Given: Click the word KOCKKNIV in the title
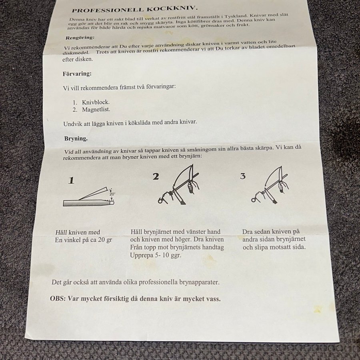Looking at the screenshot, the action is click(x=172, y=9).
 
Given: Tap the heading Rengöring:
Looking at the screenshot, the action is click(x=80, y=38).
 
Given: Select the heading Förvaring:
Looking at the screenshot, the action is click(x=77, y=74).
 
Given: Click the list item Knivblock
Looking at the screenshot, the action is click(x=96, y=102).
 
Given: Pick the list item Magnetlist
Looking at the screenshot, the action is click(x=96, y=110).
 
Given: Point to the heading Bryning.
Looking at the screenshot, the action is click(x=76, y=139).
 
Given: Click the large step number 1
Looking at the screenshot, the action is click(x=71, y=180).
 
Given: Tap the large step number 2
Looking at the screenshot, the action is click(x=156, y=176).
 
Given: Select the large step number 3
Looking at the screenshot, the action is click(x=243, y=176).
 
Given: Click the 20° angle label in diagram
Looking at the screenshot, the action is click(x=112, y=194).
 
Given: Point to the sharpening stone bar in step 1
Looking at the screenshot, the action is click(x=88, y=203).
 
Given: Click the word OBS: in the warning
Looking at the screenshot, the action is click(x=58, y=299).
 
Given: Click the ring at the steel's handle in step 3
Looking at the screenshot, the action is click(x=253, y=200).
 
